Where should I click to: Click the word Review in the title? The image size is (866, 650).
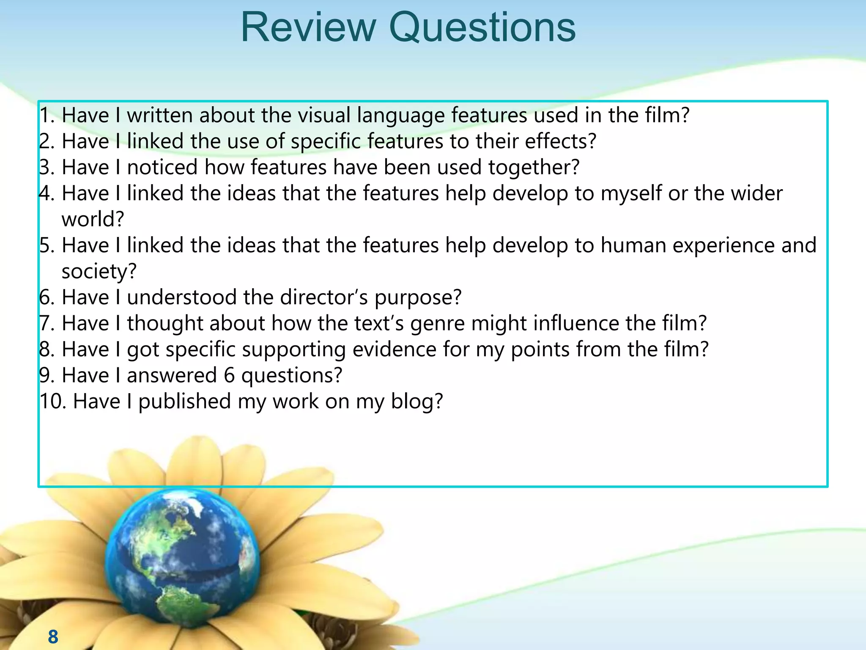point(308,28)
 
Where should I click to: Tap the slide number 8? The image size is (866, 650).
point(53,636)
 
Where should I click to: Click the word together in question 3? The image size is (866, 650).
point(534,168)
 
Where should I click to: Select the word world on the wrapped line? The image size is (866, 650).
point(93,219)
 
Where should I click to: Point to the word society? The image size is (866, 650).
point(99,272)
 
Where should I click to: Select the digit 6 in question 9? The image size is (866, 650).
point(229,376)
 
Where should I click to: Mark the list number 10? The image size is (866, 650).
point(52,402)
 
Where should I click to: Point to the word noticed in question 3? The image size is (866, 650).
point(162,167)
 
